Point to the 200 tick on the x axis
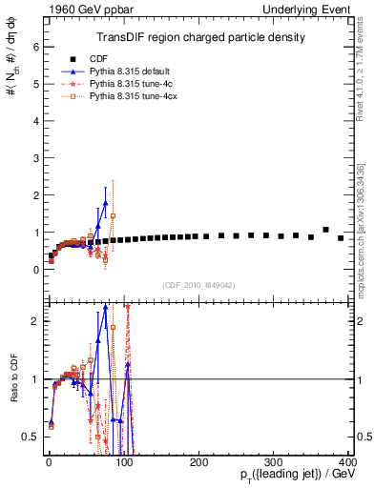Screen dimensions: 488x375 pyautogui.click(x=198, y=462)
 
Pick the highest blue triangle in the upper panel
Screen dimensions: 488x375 pyautogui.click(x=105, y=202)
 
